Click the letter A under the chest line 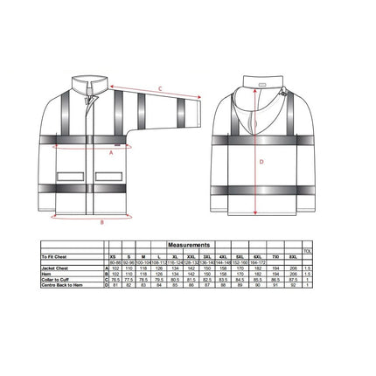pos(111,151)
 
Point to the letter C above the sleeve pos(160,88)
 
